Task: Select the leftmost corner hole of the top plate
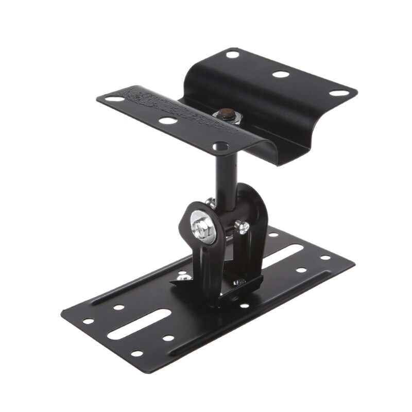(x=107, y=96)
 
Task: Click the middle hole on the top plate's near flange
(x=166, y=122)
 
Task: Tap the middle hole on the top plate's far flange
(x=281, y=74)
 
